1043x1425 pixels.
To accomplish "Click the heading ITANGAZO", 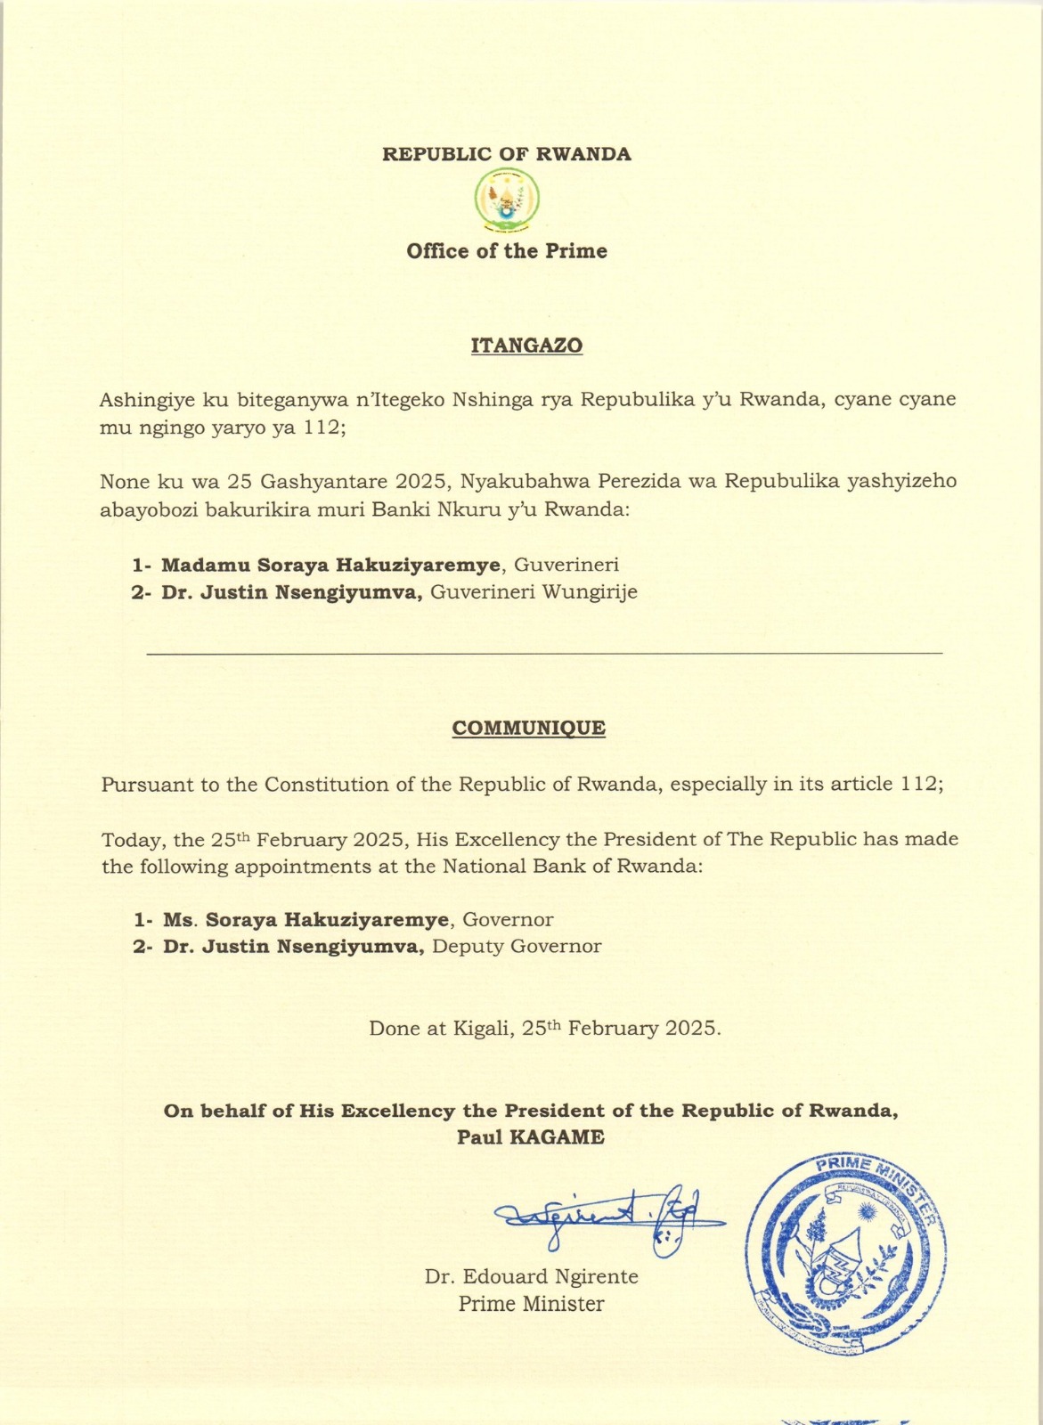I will coord(526,346).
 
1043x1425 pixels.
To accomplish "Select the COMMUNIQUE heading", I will coord(528,728).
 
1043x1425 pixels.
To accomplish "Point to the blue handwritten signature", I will coord(606,1216).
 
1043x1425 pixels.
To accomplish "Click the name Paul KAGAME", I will coord(531,1137).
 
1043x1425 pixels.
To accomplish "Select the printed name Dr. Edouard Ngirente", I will coord(531,1276).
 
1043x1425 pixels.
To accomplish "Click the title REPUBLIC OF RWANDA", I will coord(507,154).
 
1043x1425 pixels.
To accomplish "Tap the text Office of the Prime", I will coord(507,251).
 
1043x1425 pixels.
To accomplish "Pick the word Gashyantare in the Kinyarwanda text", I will coord(323,482).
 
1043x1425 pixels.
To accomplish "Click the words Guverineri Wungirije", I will coord(534,592).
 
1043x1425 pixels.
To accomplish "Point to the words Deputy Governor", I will coord(517,947).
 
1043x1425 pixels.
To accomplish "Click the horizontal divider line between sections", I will coord(543,654).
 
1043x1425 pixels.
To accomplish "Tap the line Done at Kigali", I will coord(544,1028).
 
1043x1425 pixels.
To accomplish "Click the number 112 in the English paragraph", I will coord(917,785).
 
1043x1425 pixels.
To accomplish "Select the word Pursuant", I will coord(143,786).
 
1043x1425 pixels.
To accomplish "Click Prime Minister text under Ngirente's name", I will coord(531,1304).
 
